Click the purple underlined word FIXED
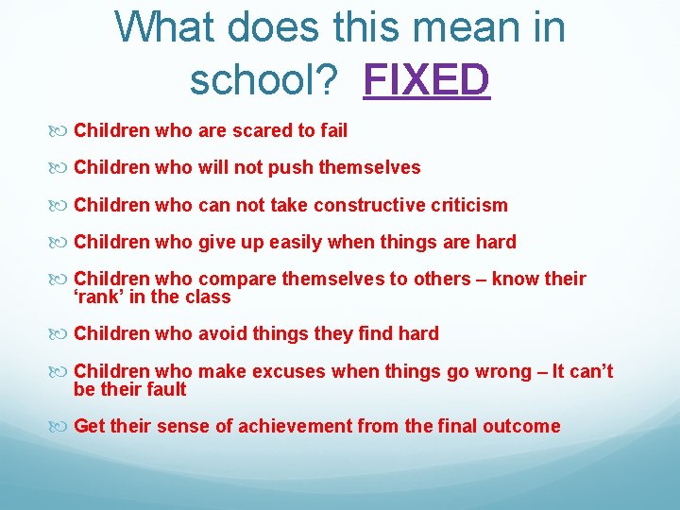427,79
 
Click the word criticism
468,205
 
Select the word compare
239,279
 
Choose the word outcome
521,426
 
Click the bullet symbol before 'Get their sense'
63,427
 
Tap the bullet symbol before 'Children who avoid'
63,334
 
